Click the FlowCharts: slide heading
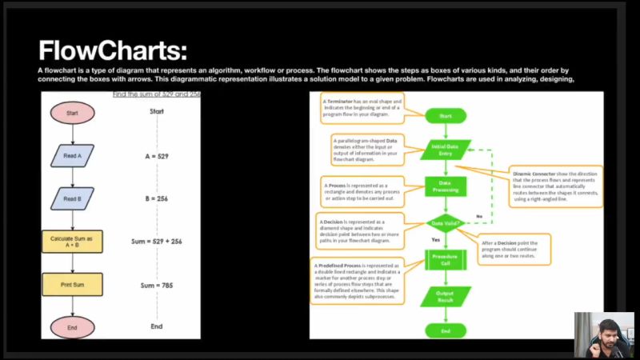[x=113, y=51]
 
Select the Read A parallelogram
[x=72, y=156]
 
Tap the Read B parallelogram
[x=72, y=198]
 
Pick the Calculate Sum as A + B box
[x=72, y=242]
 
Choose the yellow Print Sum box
[x=72, y=284]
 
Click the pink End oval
[x=73, y=326]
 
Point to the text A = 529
[x=157, y=156]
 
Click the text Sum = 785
[x=156, y=285]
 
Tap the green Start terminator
[x=446, y=116]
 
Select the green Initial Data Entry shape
[x=446, y=150]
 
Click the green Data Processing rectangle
[x=446, y=187]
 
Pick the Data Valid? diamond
[x=446, y=223]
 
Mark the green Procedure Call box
[x=446, y=260]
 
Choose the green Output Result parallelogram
[x=446, y=296]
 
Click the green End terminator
[x=446, y=330]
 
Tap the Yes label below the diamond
[x=436, y=240]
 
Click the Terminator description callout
[x=362, y=108]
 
